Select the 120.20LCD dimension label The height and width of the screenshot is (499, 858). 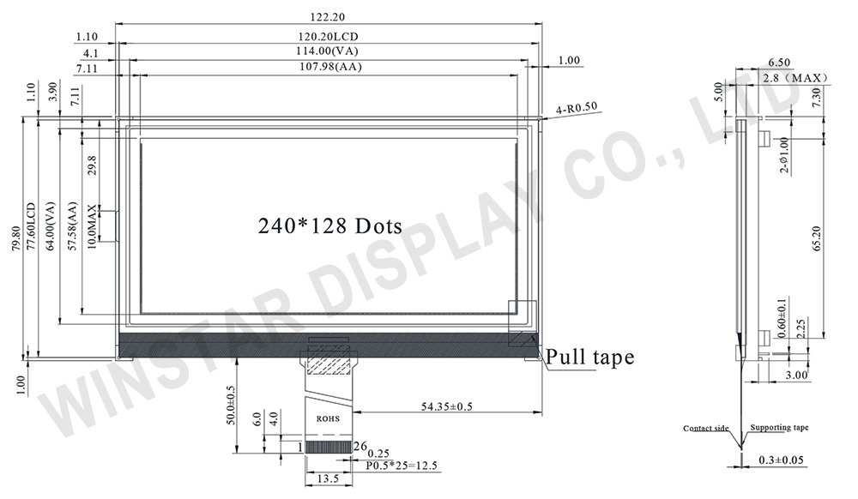(327, 37)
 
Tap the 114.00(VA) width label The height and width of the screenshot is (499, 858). (327, 52)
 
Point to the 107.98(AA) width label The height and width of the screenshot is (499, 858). (327, 68)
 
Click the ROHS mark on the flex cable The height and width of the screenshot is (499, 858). (328, 419)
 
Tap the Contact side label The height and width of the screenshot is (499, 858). (706, 428)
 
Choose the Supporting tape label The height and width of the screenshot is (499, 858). (779, 428)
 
